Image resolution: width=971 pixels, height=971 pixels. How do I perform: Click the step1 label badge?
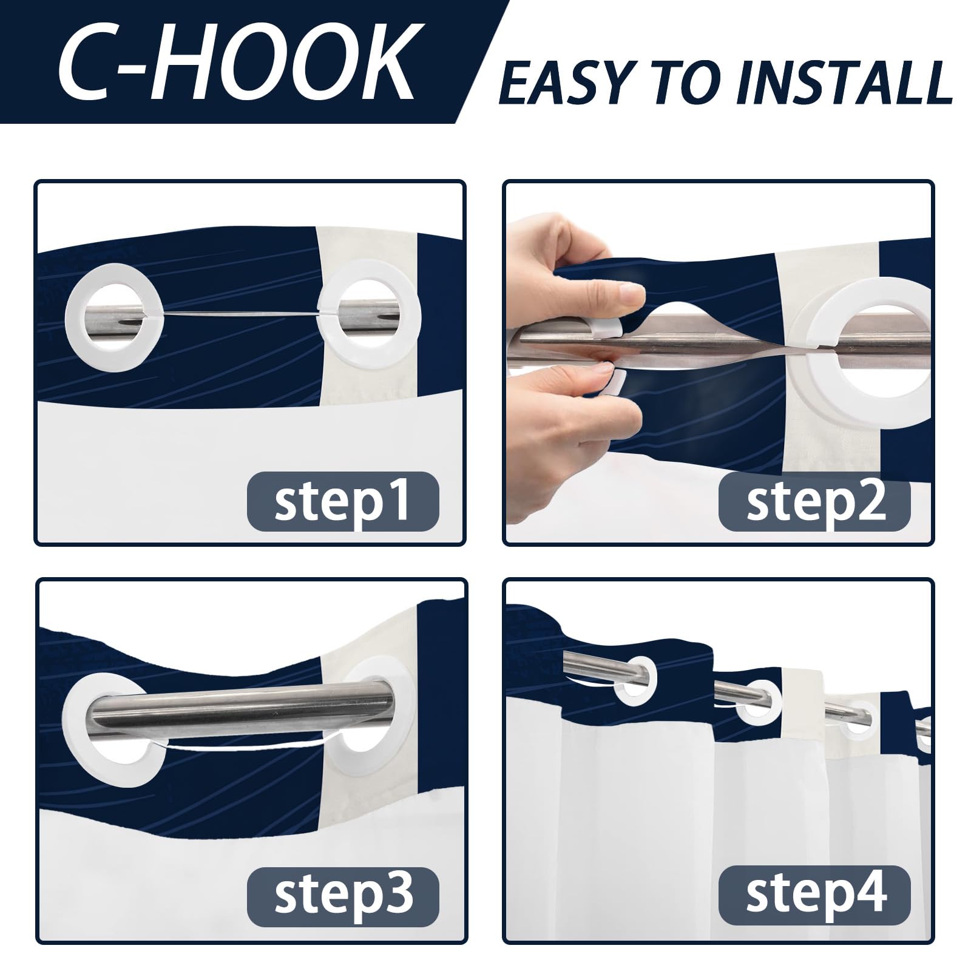pos(342,502)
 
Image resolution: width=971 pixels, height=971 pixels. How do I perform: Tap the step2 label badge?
pos(814,502)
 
